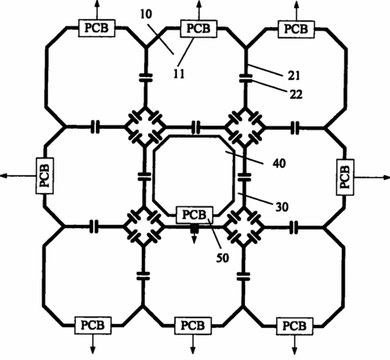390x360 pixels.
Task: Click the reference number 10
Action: pyautogui.click(x=146, y=14)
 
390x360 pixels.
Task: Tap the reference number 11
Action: pyautogui.click(x=179, y=74)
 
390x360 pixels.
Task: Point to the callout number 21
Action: pyautogui.click(x=294, y=76)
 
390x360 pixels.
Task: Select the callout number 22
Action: pyautogui.click(x=296, y=94)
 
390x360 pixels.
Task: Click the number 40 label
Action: pyautogui.click(x=279, y=163)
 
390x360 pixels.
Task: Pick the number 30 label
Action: pyautogui.click(x=282, y=207)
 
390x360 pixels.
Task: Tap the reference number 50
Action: pyautogui.click(x=223, y=258)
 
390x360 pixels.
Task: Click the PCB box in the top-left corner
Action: pyautogui.click(x=97, y=28)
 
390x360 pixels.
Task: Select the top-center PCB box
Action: pyautogui.click(x=199, y=28)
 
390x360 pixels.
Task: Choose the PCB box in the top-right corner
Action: pyautogui.click(x=296, y=29)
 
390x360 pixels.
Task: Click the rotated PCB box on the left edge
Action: pyautogui.click(x=45, y=176)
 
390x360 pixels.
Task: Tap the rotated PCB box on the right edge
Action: pyautogui.click(x=345, y=177)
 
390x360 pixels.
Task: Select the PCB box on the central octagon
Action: pyautogui.click(x=195, y=214)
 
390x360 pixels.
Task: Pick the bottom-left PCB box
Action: pyautogui.click(x=93, y=326)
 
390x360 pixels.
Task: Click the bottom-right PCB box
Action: pyautogui.click(x=295, y=326)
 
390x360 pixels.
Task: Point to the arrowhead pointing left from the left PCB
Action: pyautogui.click(x=4, y=176)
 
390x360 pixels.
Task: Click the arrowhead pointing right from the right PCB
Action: pyautogui.click(x=387, y=177)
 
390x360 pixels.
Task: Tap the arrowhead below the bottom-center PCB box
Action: pyautogui.click(x=193, y=350)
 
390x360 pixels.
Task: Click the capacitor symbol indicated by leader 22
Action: pyautogui.click(x=246, y=78)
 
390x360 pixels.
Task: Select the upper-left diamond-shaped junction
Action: pyautogui.click(x=145, y=127)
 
